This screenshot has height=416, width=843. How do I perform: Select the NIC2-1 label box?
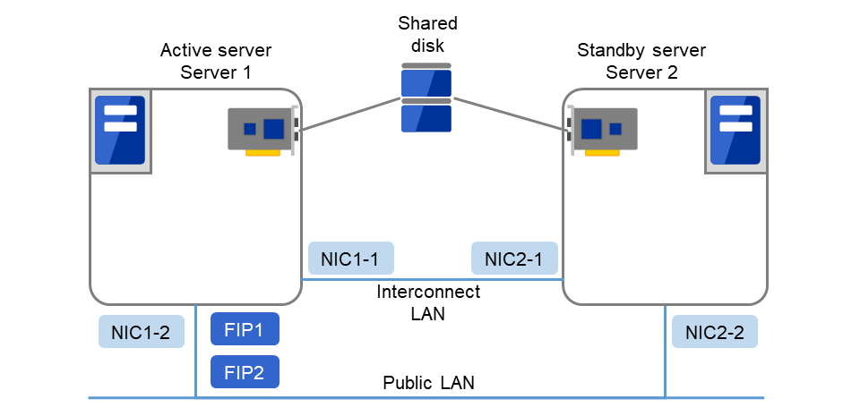click(514, 259)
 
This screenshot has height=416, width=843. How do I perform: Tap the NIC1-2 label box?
click(141, 332)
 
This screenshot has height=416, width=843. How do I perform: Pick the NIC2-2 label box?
click(714, 332)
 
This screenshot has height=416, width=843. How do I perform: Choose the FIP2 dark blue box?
click(245, 371)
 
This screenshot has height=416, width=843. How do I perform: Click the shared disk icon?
click(426, 98)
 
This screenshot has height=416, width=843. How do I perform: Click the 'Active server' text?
click(216, 51)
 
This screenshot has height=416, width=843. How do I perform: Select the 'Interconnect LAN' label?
click(427, 302)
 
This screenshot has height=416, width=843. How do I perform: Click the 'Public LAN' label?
click(428, 383)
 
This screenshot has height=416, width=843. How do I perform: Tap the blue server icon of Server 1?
click(120, 131)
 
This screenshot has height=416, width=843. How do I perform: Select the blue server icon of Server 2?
click(735, 131)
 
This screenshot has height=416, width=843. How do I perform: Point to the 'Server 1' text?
click(216, 72)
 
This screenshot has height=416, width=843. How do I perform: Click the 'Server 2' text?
click(641, 72)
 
